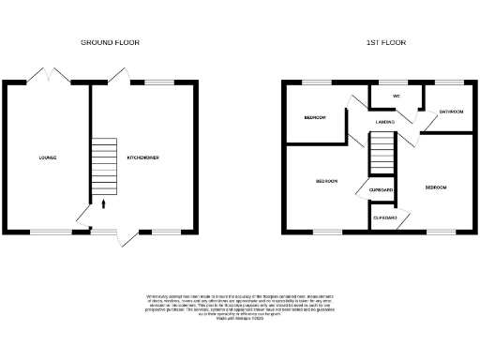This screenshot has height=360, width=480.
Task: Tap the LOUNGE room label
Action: point(47,157)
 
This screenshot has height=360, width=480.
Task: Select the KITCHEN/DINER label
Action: point(142,157)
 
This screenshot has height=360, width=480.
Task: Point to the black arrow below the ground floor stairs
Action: point(103,201)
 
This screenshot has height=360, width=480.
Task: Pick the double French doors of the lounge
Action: point(50,76)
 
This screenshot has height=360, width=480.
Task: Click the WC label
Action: point(397,96)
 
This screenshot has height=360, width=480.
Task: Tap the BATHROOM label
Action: point(452,112)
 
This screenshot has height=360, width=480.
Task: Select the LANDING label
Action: point(384,122)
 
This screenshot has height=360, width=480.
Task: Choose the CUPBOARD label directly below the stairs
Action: point(381,190)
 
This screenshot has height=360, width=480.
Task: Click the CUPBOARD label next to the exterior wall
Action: point(385,217)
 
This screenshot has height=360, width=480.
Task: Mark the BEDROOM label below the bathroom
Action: point(436,188)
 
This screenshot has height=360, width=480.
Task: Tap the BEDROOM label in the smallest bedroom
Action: point(314,117)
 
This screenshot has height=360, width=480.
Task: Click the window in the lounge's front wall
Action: point(52,231)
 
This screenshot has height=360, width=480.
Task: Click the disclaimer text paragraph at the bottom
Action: point(240,307)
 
